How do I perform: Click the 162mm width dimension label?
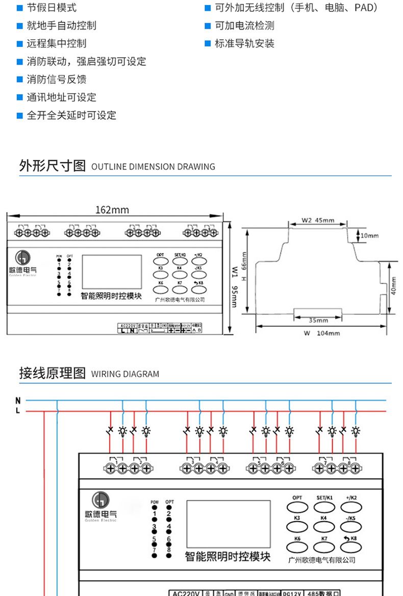pyautogui.click(x=112, y=210)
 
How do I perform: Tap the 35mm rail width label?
pyautogui.click(x=319, y=321)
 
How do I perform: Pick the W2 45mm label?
pyautogui.click(x=317, y=221)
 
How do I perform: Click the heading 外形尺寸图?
pyautogui.click(x=52, y=166)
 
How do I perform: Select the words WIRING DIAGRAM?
pyautogui.click(x=125, y=374)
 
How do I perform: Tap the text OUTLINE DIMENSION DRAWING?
pyautogui.click(x=153, y=167)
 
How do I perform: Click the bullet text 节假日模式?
pyautogui.click(x=52, y=8)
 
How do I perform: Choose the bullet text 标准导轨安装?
pyautogui.click(x=244, y=43)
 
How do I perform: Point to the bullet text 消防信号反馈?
pyautogui.click(x=57, y=79)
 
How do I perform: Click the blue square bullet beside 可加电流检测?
pyautogui.click(x=208, y=25)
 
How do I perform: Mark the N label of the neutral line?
pyautogui.click(x=18, y=401)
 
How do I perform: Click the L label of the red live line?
pyautogui.click(x=18, y=410)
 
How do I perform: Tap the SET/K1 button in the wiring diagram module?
pyautogui.click(x=324, y=506)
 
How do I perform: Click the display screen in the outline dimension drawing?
pyautogui.click(x=112, y=272)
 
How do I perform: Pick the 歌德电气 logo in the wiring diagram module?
pyautogui.click(x=100, y=507)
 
